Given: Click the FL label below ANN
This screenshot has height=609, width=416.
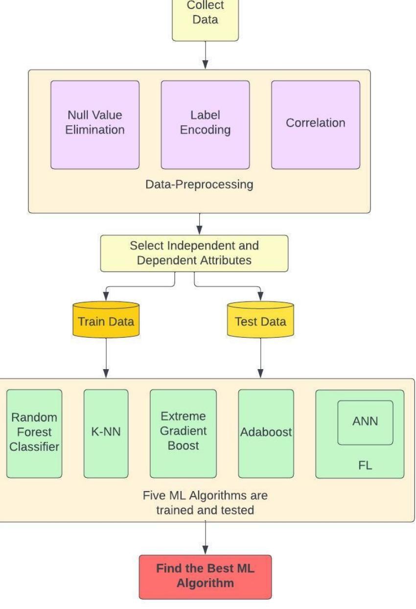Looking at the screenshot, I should tap(365, 465).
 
